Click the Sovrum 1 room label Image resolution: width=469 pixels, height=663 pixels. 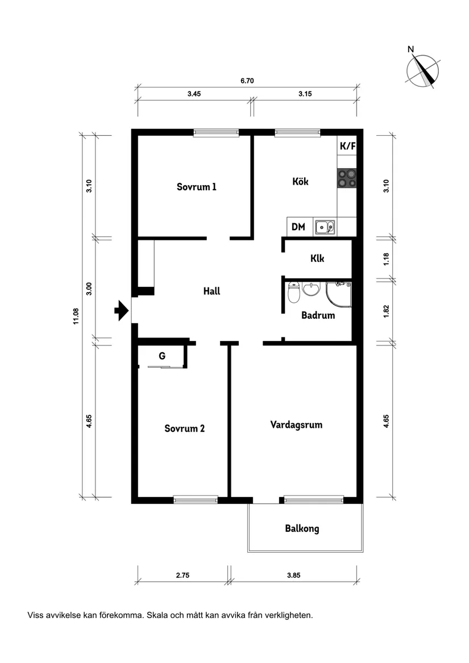[x=196, y=187]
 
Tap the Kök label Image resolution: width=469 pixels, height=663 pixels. [x=300, y=182]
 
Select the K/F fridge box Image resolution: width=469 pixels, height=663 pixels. [x=347, y=146]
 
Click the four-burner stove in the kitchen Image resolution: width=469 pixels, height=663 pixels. [x=347, y=178]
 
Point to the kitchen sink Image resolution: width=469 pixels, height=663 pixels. [x=325, y=227]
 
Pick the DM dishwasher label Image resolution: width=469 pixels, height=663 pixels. [x=298, y=227]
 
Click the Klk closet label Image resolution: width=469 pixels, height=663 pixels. [x=317, y=258]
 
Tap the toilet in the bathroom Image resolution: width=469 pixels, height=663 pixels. [x=294, y=293]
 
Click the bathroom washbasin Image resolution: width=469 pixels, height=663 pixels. [x=311, y=290]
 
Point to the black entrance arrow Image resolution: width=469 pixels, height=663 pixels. [x=121, y=310]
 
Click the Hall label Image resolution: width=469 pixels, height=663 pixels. [x=211, y=291]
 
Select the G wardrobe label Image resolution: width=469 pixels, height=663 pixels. [x=162, y=356]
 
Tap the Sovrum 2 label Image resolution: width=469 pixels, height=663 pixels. [x=184, y=428]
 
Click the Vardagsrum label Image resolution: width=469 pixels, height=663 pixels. [x=296, y=424]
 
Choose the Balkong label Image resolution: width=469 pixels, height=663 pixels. [x=302, y=528]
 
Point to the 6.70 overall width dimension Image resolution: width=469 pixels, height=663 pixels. [x=247, y=81]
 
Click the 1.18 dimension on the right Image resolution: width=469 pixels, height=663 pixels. [x=386, y=258]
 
